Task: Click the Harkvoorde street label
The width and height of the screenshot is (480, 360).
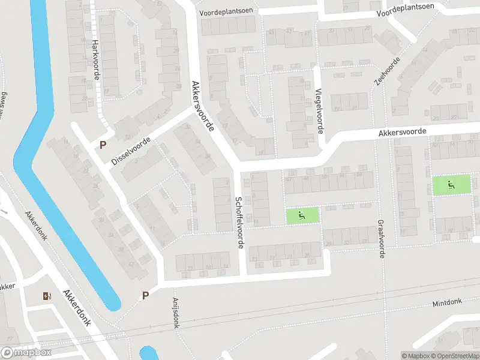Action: pyautogui.click(x=95, y=61)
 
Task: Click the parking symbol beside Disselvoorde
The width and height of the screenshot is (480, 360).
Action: pyautogui.click(x=103, y=145)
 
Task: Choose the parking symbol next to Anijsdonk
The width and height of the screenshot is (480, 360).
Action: pyautogui.click(x=145, y=295)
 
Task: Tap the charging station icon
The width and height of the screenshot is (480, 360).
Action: pyautogui.click(x=47, y=295)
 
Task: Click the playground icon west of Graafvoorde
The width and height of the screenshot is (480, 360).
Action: pyautogui.click(x=302, y=215)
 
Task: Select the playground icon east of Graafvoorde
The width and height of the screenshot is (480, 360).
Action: pyautogui.click(x=451, y=184)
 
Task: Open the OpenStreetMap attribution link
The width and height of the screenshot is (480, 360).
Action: pyautogui.click(x=454, y=356)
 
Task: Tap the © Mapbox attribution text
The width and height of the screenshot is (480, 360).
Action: pyautogui.click(x=416, y=356)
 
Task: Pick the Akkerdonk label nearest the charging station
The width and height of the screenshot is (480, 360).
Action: pyautogui.click(x=76, y=308)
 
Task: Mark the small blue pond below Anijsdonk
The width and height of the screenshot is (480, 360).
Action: pyautogui.click(x=148, y=354)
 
